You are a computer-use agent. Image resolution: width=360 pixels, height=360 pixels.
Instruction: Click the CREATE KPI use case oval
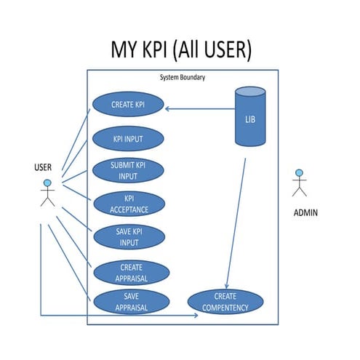[x=127, y=104]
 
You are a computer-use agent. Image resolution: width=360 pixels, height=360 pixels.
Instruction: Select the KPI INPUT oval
[x=128, y=137]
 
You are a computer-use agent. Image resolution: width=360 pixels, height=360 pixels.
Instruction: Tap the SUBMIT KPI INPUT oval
[x=128, y=170]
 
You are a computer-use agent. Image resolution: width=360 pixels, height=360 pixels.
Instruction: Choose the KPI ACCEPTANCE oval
[x=129, y=204]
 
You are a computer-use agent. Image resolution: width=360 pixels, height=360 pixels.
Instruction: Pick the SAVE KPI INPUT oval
[x=129, y=237]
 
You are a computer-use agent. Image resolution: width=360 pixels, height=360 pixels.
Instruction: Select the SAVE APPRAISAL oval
[x=131, y=302]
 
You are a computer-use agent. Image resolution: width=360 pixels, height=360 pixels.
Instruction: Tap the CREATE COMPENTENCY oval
[x=225, y=302]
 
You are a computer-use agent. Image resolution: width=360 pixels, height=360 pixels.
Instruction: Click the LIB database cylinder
[x=249, y=116]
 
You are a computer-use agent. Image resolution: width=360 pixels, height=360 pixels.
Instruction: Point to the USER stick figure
[x=47, y=193]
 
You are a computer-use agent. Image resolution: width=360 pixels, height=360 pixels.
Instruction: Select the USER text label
[x=44, y=167]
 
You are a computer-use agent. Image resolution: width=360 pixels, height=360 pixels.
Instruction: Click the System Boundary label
[x=182, y=76]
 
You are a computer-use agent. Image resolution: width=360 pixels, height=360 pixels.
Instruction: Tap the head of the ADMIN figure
[x=298, y=174]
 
